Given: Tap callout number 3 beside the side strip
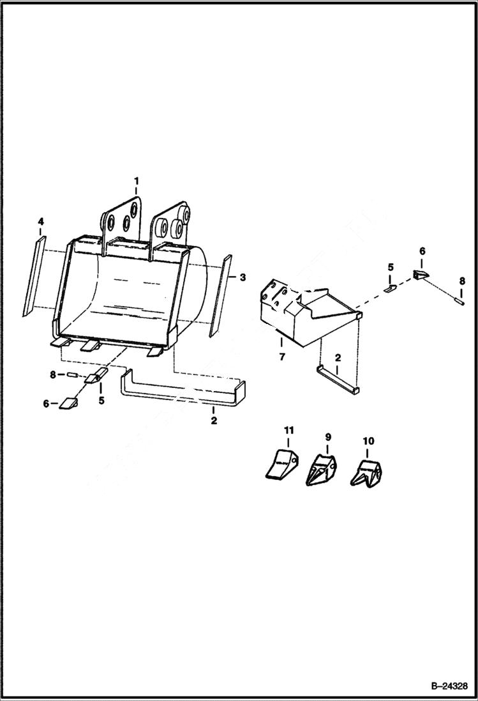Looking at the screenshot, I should pyautogui.click(x=242, y=277).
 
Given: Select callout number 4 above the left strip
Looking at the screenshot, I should pyautogui.click(x=41, y=222).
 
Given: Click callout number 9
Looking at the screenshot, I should pyautogui.click(x=328, y=437).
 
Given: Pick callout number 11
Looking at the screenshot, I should pyautogui.click(x=288, y=432).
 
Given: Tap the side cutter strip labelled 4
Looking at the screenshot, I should pyautogui.click(x=33, y=275).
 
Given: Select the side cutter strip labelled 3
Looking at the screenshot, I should pyautogui.click(x=219, y=296).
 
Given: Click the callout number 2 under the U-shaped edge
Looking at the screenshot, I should pyautogui.click(x=214, y=420).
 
